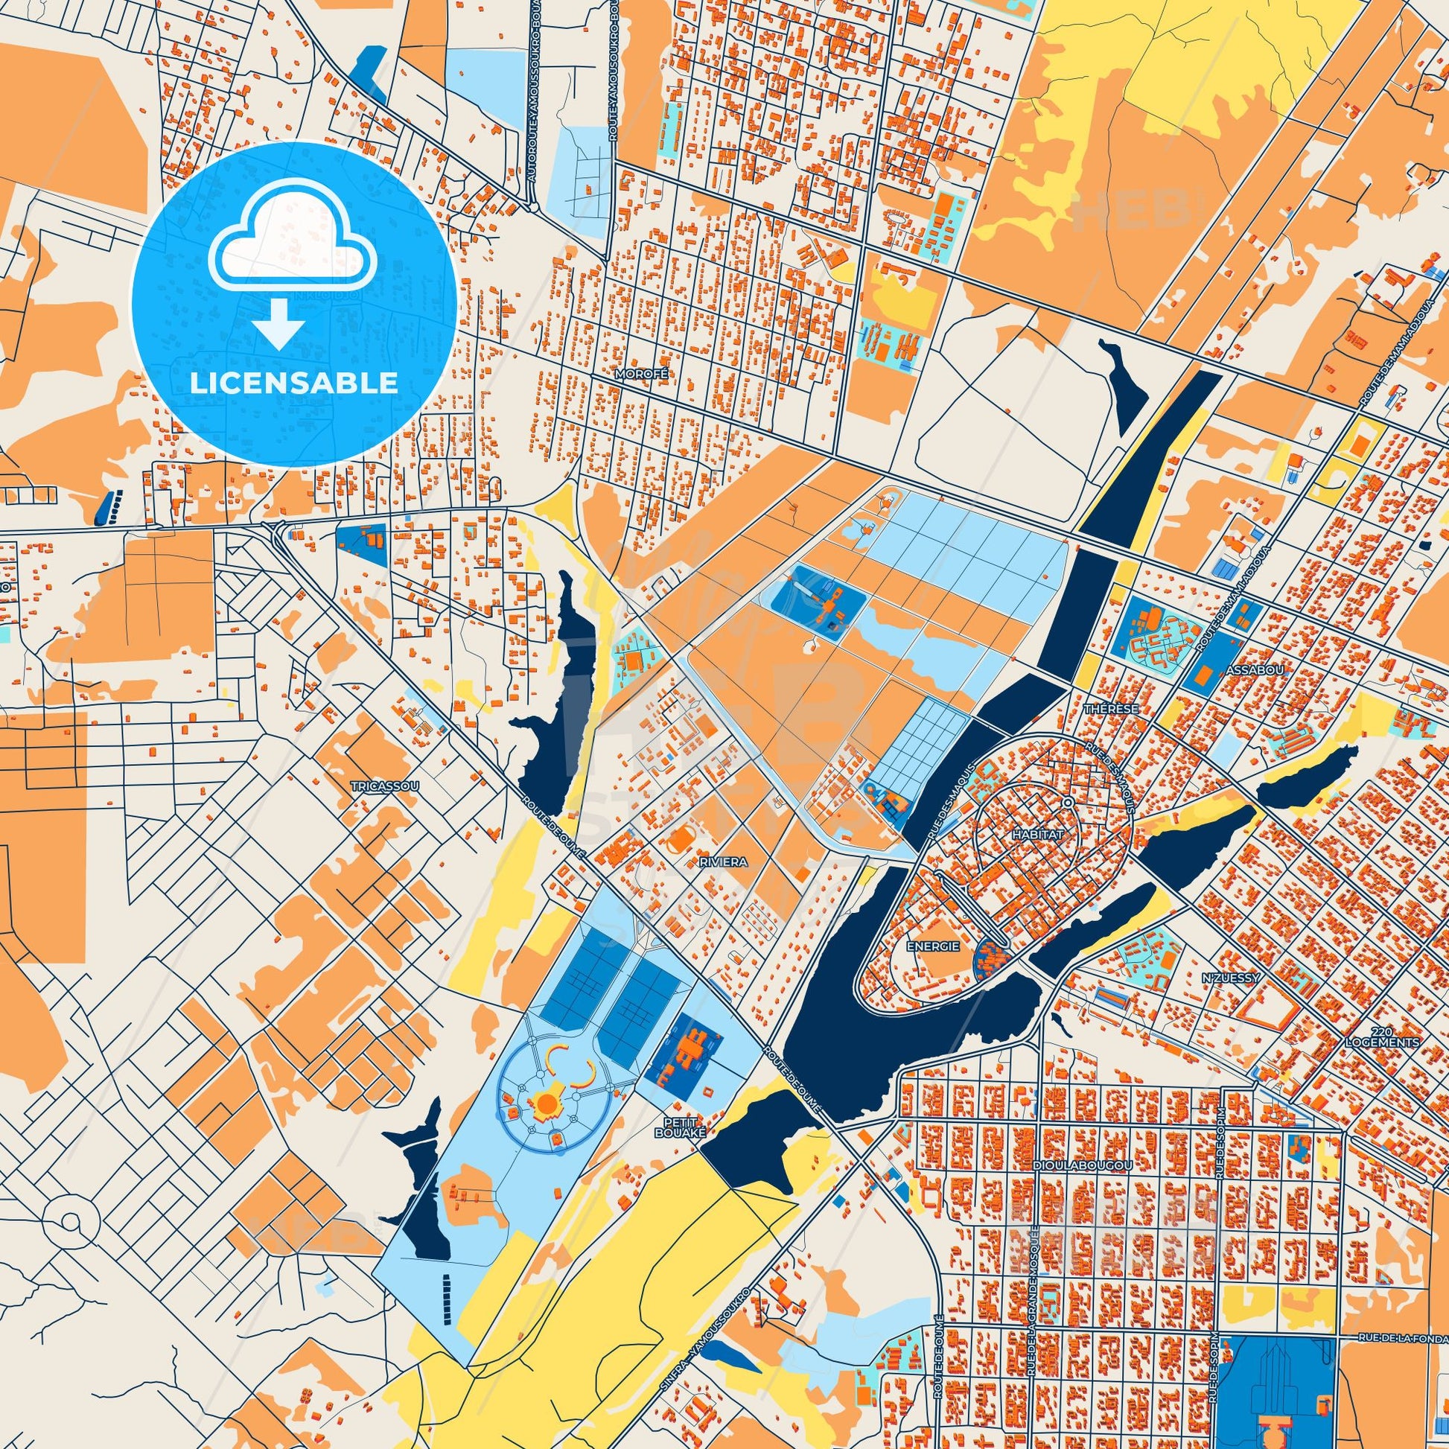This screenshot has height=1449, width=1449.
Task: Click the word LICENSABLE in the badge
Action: [293, 383]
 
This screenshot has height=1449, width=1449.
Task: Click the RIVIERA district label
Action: [723, 862]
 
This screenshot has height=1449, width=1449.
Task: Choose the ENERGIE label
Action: [933, 946]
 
